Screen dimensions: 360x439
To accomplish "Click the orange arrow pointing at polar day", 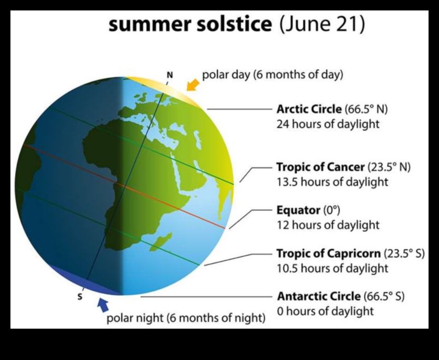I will [193, 84].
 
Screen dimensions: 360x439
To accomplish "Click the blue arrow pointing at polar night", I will [103, 303].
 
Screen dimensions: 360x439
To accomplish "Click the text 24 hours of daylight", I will [328, 125].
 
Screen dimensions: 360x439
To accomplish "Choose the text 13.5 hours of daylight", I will [332, 182].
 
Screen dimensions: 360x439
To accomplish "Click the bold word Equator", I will [297, 211].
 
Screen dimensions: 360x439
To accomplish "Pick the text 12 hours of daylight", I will [328, 225].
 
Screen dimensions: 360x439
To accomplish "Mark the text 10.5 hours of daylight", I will [332, 268].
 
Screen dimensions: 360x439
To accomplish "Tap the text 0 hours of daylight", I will [325, 311].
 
